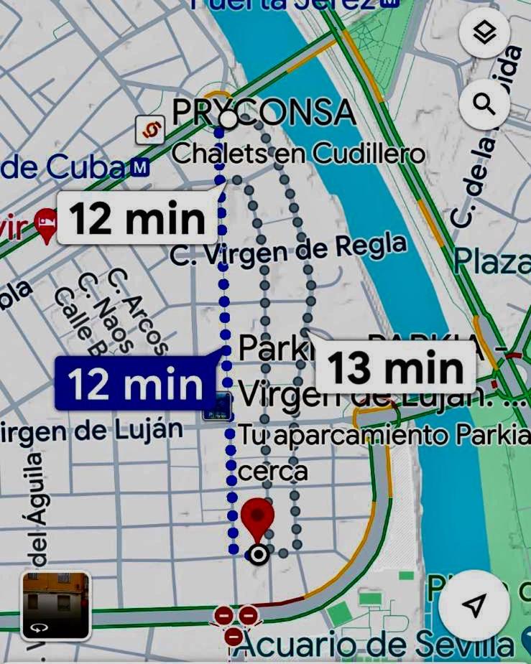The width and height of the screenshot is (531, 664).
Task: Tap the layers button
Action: [x=485, y=33]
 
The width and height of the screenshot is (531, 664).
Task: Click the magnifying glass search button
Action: [x=485, y=105]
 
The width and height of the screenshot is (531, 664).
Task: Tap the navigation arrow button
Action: [x=473, y=607]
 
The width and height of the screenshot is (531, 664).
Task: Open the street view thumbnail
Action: [x=56, y=605]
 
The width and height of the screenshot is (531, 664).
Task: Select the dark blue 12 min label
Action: [x=135, y=385]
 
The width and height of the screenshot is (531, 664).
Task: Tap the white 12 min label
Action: [x=137, y=218]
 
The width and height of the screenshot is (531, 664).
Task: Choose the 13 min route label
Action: [x=395, y=368]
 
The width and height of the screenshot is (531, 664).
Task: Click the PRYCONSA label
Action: [x=264, y=113]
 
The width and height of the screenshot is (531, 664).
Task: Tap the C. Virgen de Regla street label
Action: [x=288, y=249]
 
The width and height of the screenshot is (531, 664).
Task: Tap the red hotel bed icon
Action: [x=47, y=225]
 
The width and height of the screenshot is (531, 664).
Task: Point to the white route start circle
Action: [x=228, y=119]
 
